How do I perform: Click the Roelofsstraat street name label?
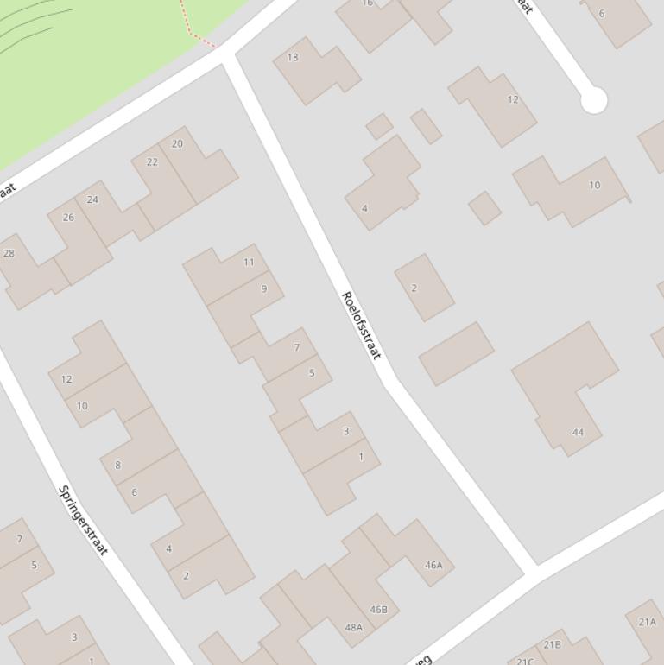[361, 326]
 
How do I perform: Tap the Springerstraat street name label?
[83, 520]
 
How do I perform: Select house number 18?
[292, 57]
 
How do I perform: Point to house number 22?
[152, 162]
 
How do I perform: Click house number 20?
[177, 144]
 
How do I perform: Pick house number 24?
[92, 199]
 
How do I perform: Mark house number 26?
[68, 218]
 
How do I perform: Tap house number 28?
[9, 253]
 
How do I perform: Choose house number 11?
[249, 262]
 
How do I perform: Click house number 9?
[263, 288]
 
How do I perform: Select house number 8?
[117, 465]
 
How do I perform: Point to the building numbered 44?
[578, 433]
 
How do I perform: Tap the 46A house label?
[433, 566]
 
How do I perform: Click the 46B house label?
[378, 610]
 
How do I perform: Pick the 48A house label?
[354, 628]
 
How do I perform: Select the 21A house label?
[647, 622]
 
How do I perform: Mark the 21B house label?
[552, 644]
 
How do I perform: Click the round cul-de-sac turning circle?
[593, 100]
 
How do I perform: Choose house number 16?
[367, 3]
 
